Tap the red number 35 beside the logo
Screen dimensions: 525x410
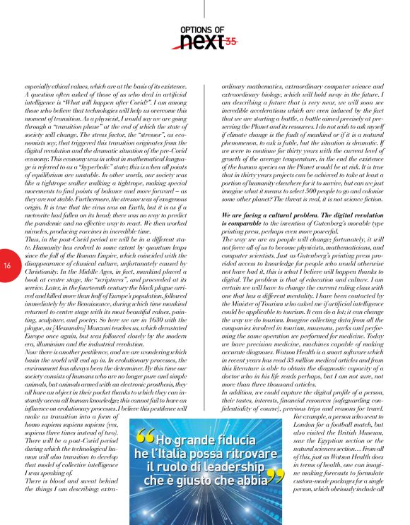coord(230,42)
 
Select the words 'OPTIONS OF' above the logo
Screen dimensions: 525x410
coord(202,29)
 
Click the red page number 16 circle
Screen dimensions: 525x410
coord(6,265)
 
